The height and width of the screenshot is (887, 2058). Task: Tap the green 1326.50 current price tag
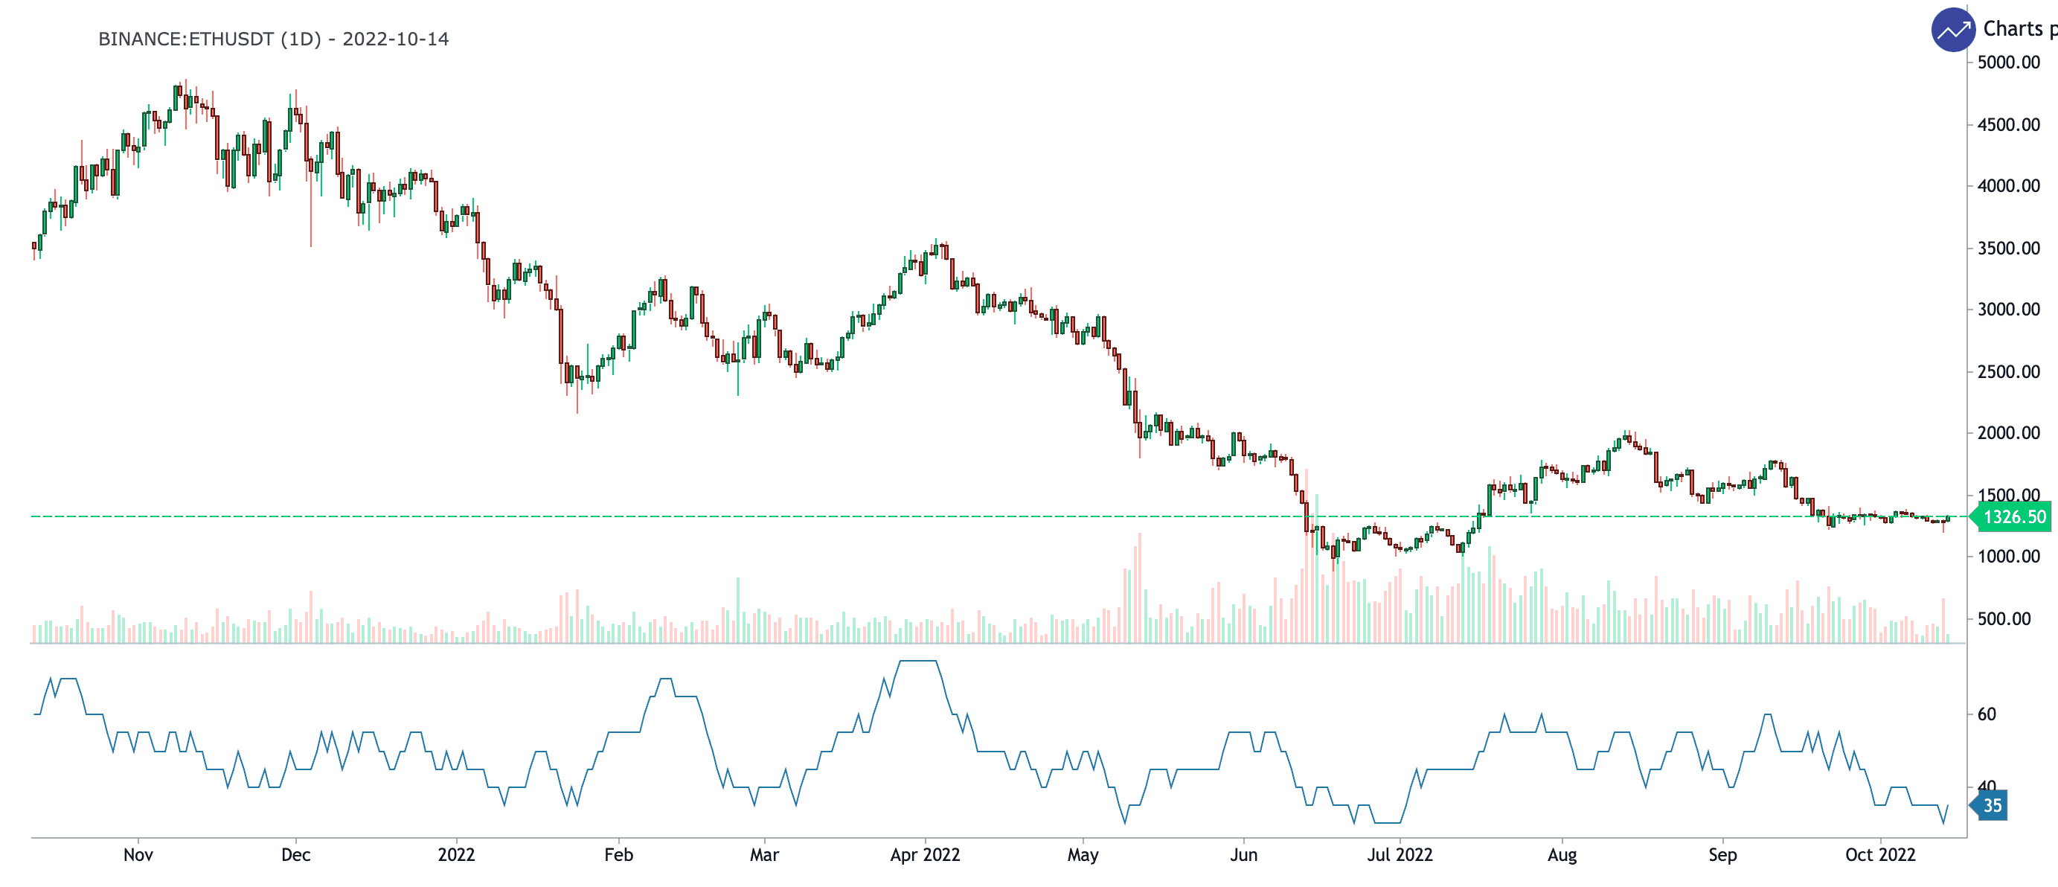(2014, 517)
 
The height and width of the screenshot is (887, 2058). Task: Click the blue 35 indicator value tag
(1992, 805)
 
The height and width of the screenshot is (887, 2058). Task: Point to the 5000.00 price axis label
(2007, 63)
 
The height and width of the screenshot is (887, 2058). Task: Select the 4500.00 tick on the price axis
(2007, 125)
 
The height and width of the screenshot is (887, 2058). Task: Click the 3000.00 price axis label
(2007, 310)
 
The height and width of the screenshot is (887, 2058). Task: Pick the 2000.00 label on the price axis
(2007, 433)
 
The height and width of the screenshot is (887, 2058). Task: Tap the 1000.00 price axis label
(2007, 556)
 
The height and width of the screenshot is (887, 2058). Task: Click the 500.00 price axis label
(2003, 618)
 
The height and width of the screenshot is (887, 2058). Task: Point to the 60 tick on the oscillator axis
(1986, 714)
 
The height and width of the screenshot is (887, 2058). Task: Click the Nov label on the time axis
(138, 855)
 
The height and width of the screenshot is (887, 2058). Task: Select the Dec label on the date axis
(295, 855)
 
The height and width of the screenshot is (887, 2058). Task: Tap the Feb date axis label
(618, 855)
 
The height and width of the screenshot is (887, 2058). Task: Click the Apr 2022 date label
(925, 855)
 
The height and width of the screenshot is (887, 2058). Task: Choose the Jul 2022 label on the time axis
(1400, 855)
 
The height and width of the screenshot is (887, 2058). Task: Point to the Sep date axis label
(1722, 855)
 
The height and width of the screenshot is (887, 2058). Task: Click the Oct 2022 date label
(1880, 855)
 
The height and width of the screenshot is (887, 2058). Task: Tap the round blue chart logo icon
(1952, 31)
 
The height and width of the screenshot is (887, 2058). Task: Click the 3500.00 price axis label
(2007, 249)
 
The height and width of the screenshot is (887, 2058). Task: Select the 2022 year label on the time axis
(456, 855)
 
